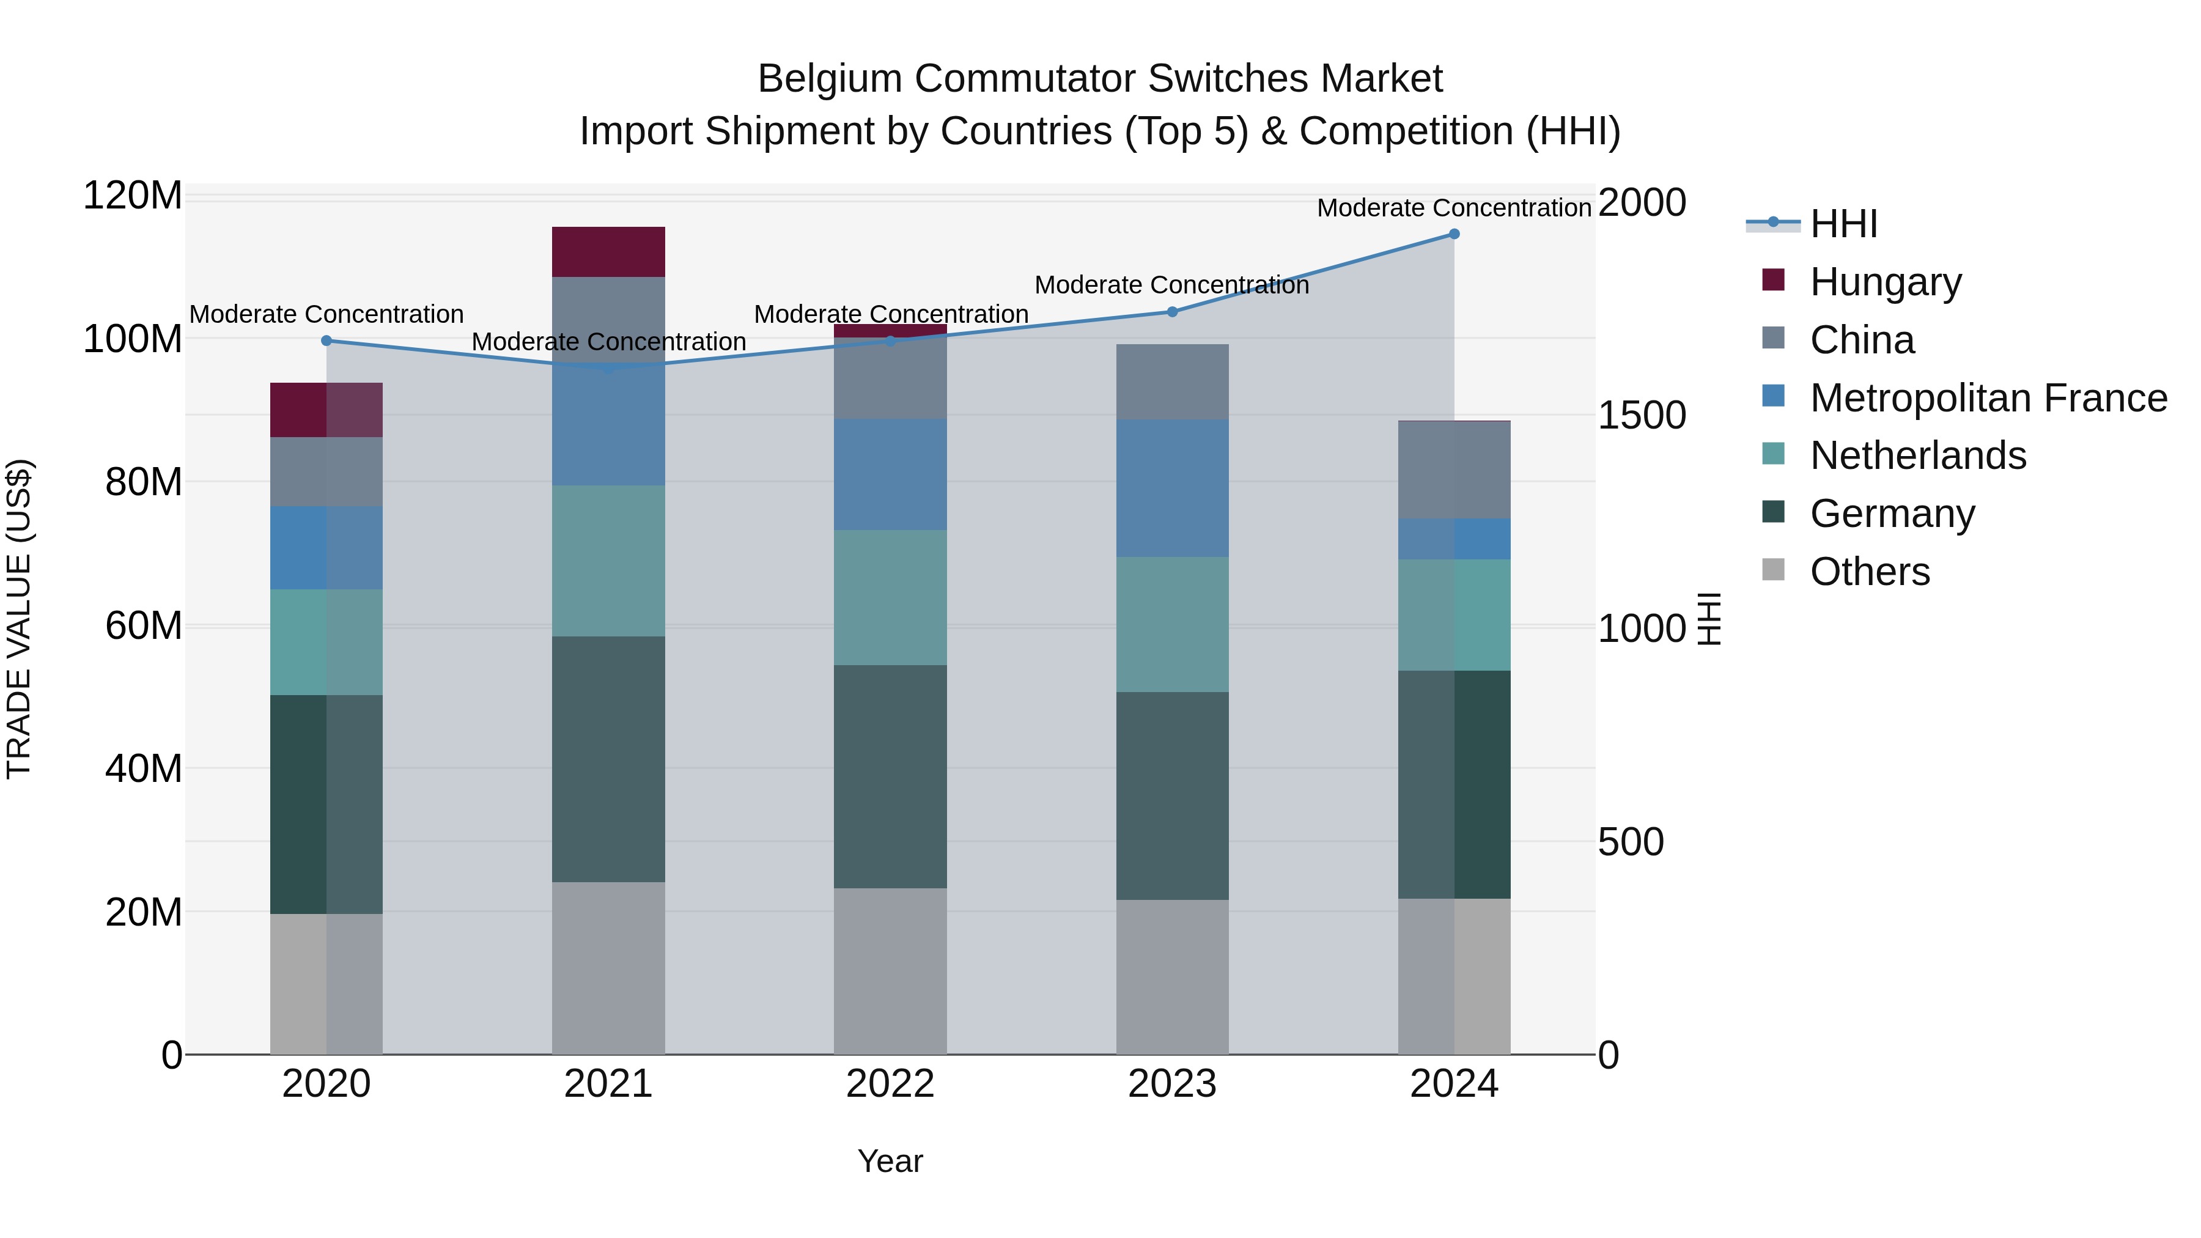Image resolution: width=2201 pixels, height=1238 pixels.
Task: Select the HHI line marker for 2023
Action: click(1172, 312)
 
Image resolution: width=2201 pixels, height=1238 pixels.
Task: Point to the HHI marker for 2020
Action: click(326, 341)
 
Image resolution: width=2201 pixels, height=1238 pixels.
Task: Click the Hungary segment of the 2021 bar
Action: click(608, 252)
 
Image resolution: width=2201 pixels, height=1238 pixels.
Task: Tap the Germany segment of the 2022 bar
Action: click(890, 776)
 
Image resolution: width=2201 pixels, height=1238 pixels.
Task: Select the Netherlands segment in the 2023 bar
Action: click(1172, 625)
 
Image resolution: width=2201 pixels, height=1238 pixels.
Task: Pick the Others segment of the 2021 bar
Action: click(608, 967)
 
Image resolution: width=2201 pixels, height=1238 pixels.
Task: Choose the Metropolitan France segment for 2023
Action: click(1172, 488)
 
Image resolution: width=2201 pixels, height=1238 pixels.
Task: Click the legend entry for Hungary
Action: click(1885, 282)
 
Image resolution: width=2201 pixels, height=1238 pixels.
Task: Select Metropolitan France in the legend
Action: click(1988, 398)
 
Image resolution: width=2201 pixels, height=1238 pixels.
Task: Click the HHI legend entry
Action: click(1843, 224)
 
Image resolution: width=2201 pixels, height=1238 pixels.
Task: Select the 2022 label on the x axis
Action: click(890, 1084)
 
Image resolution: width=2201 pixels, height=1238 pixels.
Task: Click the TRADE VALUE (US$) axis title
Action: click(20, 619)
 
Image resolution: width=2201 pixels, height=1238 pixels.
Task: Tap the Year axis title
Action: click(890, 1161)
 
